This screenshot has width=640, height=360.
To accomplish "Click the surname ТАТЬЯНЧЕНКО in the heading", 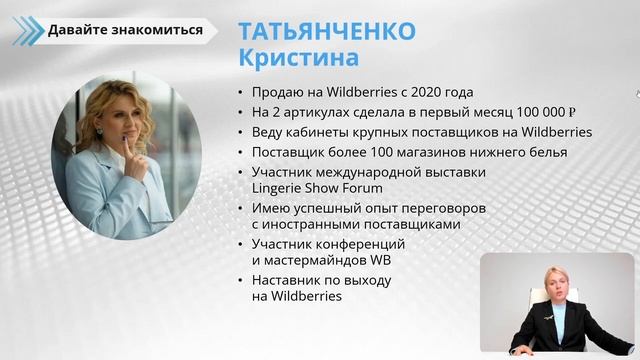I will (x=326, y=30).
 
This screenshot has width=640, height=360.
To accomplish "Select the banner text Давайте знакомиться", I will (x=125, y=30).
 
